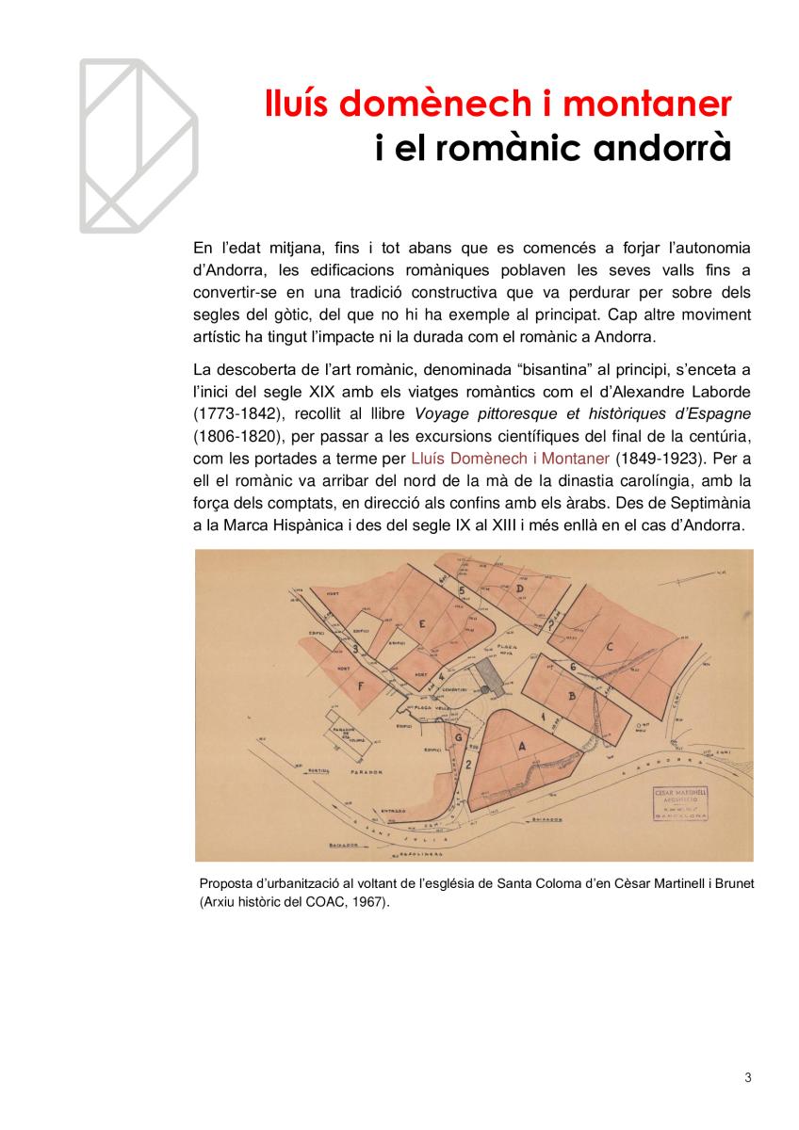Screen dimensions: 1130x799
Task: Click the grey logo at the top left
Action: [138, 146]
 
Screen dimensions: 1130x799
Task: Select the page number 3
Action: [748, 1078]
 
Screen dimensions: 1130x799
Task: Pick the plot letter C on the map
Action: [610, 647]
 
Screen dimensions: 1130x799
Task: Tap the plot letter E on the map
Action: [423, 624]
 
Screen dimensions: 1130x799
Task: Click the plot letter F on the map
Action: [361, 686]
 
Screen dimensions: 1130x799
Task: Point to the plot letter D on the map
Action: [519, 589]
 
